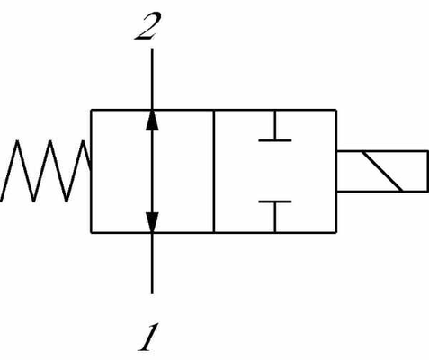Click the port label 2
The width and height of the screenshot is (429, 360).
pos(147,26)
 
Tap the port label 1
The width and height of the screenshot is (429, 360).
pos(147,337)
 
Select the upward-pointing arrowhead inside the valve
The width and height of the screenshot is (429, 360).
pos(152,121)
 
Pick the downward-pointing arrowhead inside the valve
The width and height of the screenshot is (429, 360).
pos(152,222)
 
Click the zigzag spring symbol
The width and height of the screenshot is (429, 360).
pos(46,171)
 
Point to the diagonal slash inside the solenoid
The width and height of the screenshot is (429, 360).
pos(382,171)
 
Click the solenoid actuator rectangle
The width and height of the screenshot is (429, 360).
pos(382,171)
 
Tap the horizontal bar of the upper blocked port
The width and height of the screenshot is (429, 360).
pos(275,140)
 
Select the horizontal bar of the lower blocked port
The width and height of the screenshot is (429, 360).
pos(275,202)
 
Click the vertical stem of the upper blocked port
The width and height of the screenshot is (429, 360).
pos(275,125)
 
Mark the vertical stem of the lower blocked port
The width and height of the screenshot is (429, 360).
pos(275,217)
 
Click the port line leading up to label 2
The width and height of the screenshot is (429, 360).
pos(152,79)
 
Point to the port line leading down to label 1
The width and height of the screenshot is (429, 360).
pos(152,263)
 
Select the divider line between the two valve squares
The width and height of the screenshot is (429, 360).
pos(214,171)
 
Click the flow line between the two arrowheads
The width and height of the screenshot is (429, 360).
pos(152,171)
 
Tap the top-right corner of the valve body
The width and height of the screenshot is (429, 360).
pos(336,110)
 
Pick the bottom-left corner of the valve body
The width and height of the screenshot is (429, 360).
pos(92,232)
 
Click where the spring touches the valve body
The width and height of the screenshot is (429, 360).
pos(91,168)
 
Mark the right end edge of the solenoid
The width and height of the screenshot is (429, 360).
pos(427,171)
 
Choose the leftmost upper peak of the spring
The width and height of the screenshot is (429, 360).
pos(17,140)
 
